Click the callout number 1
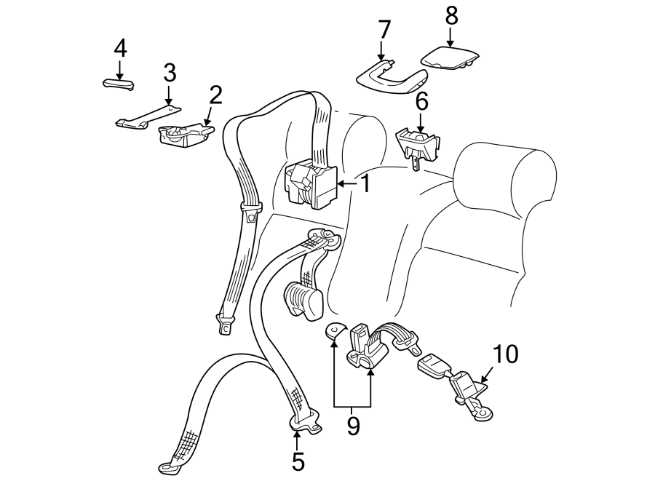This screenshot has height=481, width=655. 365,184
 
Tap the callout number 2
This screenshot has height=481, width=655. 215,95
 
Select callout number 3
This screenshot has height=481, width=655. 169,73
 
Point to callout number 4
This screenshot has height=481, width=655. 120,49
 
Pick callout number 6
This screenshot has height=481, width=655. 421,101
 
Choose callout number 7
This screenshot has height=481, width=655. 384,31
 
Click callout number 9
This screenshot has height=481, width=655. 353,426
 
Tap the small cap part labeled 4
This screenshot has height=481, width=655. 119,83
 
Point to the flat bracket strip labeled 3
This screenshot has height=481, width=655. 149,116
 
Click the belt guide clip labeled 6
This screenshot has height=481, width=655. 418,143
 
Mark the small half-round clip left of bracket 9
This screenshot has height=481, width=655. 335,331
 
